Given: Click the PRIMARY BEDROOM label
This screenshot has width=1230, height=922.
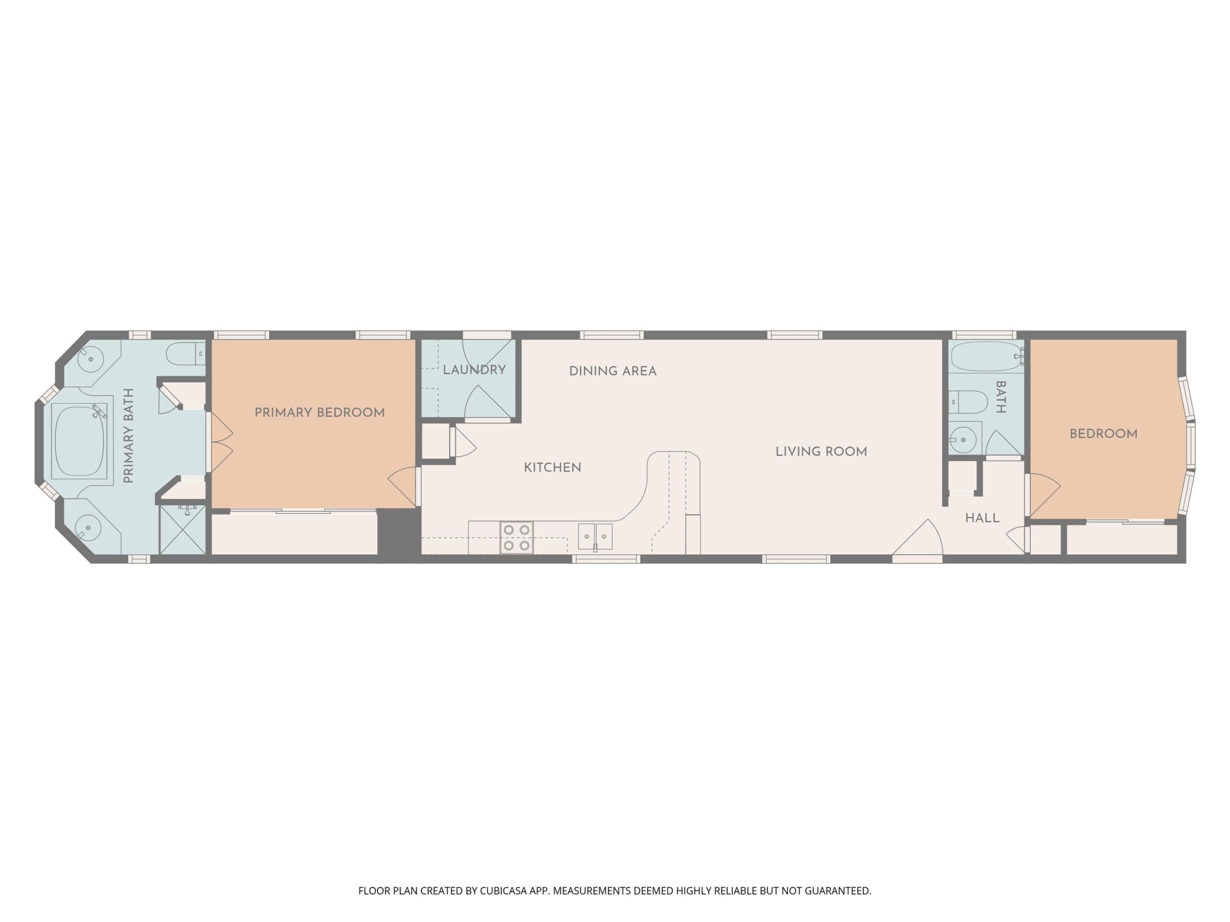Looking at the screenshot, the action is (x=319, y=412).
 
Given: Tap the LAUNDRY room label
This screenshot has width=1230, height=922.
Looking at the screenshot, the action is (x=474, y=370).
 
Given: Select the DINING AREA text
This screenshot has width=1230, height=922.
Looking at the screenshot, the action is (x=613, y=371).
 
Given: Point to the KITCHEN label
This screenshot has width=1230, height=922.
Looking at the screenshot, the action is (x=553, y=467).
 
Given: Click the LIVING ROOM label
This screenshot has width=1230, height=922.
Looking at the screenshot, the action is (x=821, y=451).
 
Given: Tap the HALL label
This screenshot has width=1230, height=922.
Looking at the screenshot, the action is (x=983, y=518).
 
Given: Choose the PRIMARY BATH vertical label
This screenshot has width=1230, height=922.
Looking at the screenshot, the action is (x=128, y=436).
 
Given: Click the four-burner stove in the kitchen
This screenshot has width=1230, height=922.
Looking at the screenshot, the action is (x=517, y=538).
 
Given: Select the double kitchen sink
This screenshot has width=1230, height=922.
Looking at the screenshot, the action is (x=595, y=537).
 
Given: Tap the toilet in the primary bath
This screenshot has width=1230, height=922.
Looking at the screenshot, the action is (x=186, y=353).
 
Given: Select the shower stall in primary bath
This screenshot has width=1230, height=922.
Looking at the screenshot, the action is (x=183, y=529).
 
